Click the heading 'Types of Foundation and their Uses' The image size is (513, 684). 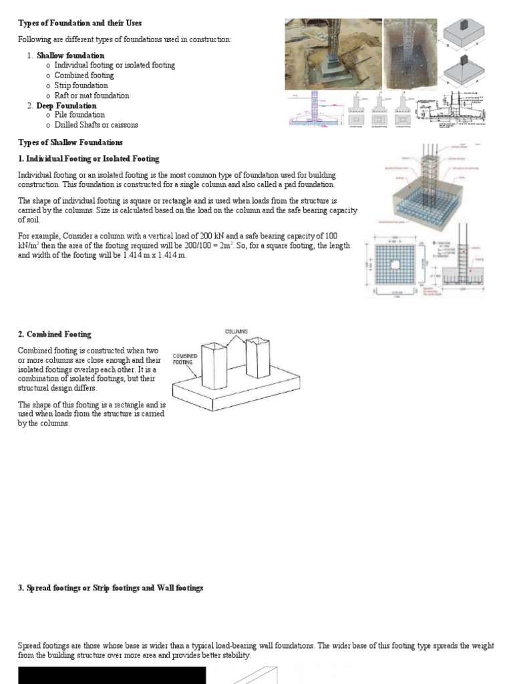click(79, 23)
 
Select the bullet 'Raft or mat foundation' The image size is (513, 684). click(92, 96)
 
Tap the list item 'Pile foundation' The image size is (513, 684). click(79, 115)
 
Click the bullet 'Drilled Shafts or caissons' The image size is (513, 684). click(96, 125)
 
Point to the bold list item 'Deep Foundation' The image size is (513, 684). click(66, 106)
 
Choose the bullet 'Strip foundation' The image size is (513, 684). click(81, 85)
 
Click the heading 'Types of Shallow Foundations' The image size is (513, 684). click(70, 142)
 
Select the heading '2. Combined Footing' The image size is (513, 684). click(54, 334)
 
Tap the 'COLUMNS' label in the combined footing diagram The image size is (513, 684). click(236, 331)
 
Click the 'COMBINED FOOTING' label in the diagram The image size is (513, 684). click(185, 359)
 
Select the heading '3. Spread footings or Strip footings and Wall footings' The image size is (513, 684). click(110, 588)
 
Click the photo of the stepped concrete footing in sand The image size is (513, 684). click(333, 53)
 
